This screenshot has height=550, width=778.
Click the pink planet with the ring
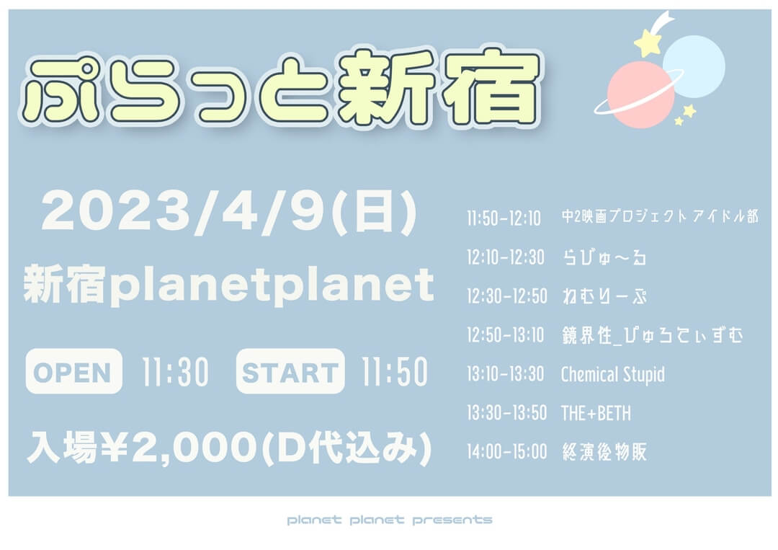tap(640, 94)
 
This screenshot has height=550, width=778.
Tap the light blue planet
tap(694, 66)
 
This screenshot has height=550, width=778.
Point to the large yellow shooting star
tap(647, 43)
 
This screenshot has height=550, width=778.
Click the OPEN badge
tap(73, 371)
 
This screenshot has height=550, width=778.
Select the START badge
tap(290, 371)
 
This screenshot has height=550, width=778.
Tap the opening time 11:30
tap(175, 372)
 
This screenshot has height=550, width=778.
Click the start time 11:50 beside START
tap(395, 372)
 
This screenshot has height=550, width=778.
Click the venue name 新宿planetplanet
tap(229, 285)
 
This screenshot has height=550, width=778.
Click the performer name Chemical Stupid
tap(613, 375)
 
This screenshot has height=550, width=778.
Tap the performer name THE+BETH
tap(596, 413)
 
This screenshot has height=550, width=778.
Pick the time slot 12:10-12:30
tap(506, 257)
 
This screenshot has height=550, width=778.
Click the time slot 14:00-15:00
tap(506, 452)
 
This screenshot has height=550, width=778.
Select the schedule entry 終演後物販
tap(604, 452)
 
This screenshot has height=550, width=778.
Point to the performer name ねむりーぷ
tap(604, 296)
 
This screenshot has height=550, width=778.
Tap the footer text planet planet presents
tap(390, 520)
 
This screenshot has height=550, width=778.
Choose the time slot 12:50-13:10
tap(506, 335)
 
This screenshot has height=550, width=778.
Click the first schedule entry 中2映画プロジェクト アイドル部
tap(660, 216)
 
